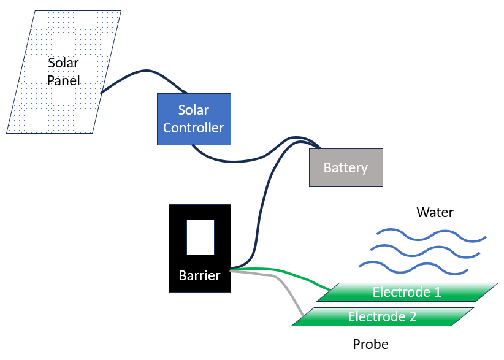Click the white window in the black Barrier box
tap(200, 237)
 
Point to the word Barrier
tap(199, 275)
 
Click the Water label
tap(435, 213)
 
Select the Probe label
tap(370, 344)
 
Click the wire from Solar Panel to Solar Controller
tap(144, 73)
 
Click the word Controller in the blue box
tap(194, 128)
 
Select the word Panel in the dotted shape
tap(64, 80)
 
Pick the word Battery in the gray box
tap(345, 168)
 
